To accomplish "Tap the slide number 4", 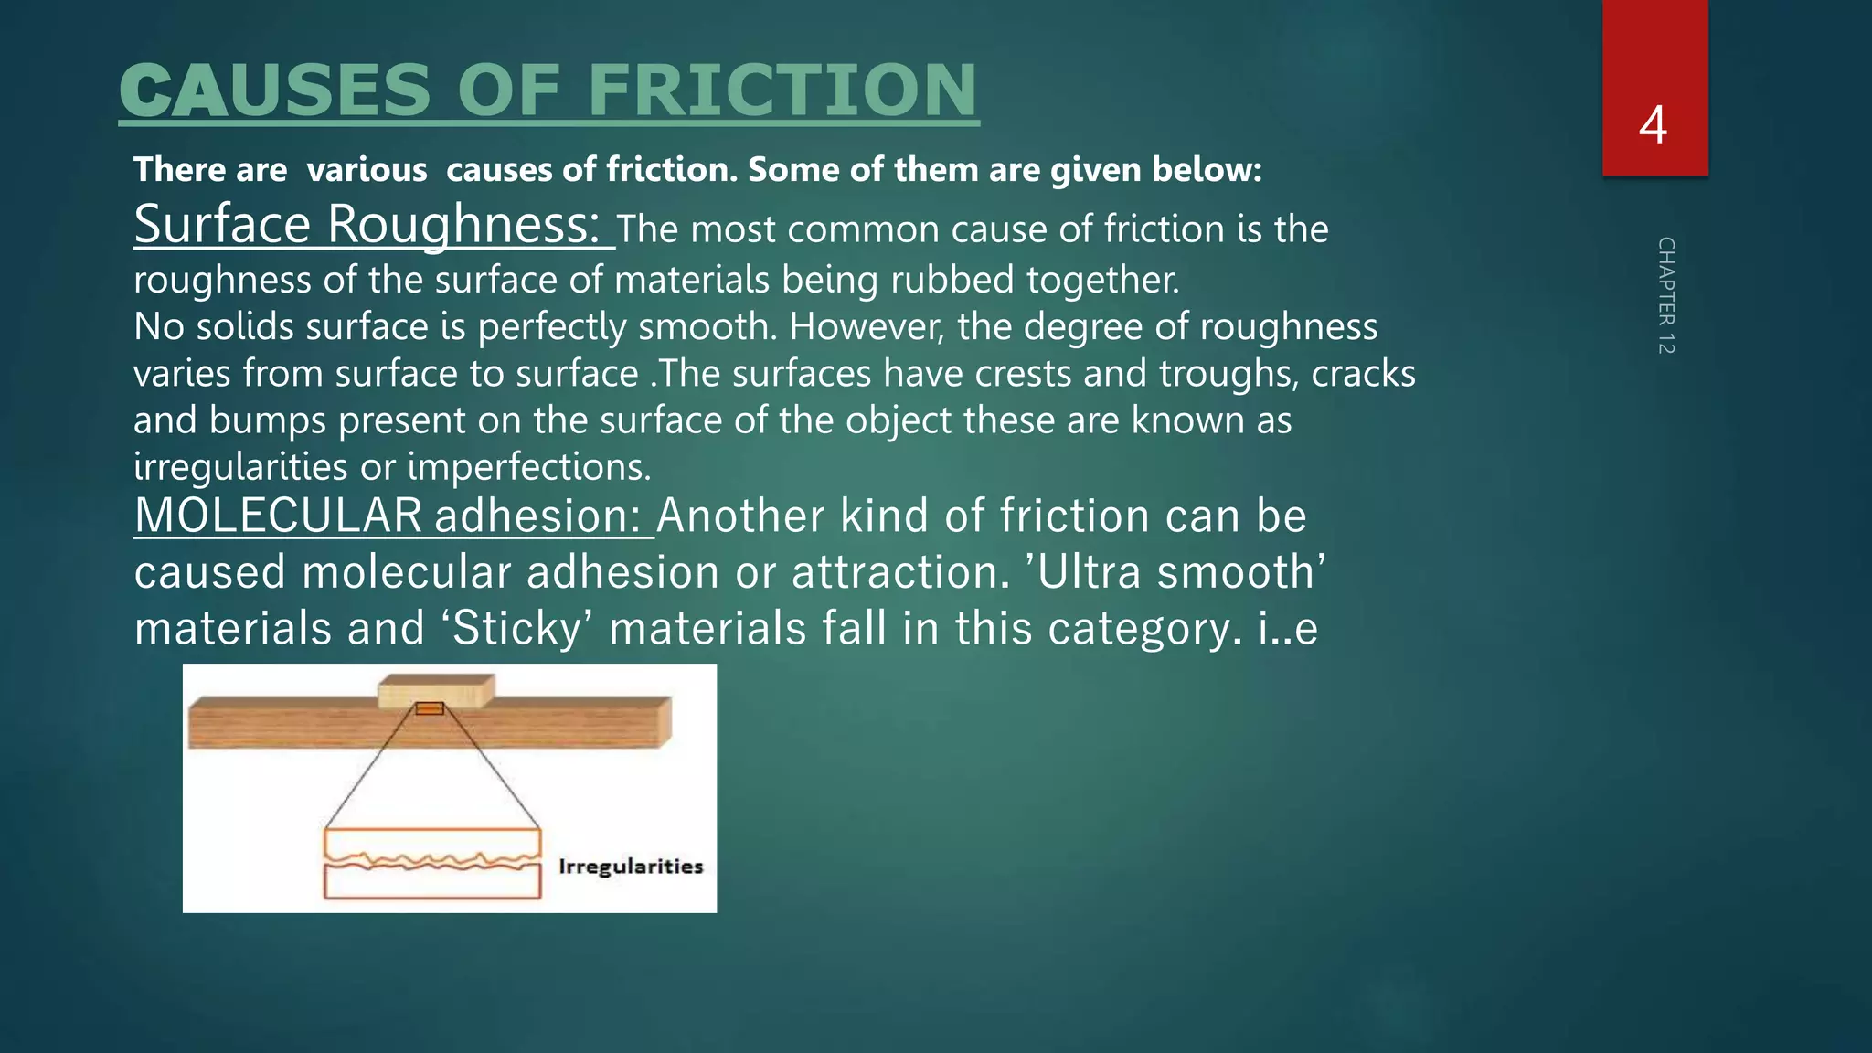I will (1653, 124).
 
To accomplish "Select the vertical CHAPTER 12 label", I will (1665, 295).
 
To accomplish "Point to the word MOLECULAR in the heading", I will (279, 516).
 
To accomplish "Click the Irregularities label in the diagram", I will (631, 867).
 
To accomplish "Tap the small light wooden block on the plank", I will (437, 692).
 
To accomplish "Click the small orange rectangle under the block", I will (430, 708).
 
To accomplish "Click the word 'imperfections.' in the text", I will (529, 467).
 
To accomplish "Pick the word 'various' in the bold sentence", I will (367, 170).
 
